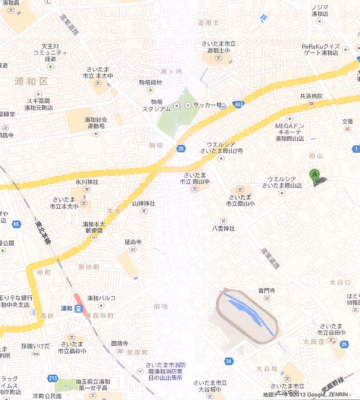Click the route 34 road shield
click(x=228, y=361)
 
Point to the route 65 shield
click(x=16, y=224)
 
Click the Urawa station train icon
click(x=78, y=309)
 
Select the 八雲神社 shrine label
click(x=223, y=228)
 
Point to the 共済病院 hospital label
click(x=311, y=96)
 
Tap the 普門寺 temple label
click(x=267, y=291)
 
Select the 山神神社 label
click(x=143, y=204)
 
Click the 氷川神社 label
click(x=87, y=182)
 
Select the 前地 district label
click(x=160, y=306)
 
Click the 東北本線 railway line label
click(x=43, y=234)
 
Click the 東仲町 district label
click(x=89, y=267)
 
